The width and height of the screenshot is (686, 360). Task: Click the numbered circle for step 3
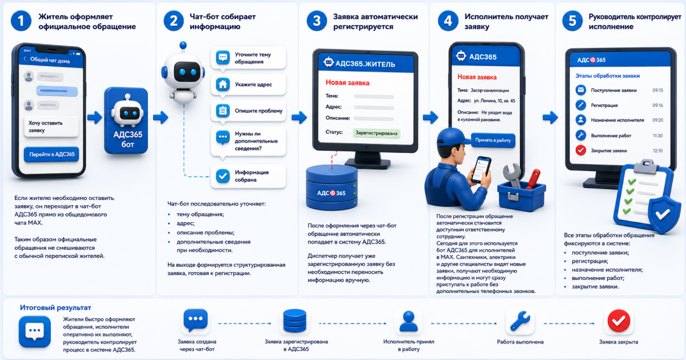pyautogui.click(x=317, y=21)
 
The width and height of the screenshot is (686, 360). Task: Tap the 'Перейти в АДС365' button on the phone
pyautogui.click(x=51, y=154)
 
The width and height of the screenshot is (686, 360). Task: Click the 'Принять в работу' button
pyautogui.click(x=493, y=140)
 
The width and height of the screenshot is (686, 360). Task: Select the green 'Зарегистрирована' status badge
pyautogui.click(x=376, y=133)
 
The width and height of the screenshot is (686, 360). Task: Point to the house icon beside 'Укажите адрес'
pyautogui.click(x=222, y=84)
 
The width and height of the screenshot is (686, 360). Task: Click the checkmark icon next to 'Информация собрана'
pyautogui.click(x=222, y=176)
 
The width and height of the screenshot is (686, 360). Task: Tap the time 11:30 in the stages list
pyautogui.click(x=657, y=135)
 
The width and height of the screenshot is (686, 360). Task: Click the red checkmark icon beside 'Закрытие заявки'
pyautogui.click(x=581, y=150)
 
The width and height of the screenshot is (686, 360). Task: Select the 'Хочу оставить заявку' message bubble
pyautogui.click(x=51, y=126)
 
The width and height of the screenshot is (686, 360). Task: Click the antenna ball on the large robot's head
pyautogui.click(x=183, y=45)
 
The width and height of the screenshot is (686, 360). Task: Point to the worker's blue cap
pyautogui.click(x=452, y=137)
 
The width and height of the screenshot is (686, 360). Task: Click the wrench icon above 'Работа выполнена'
pyautogui.click(x=520, y=321)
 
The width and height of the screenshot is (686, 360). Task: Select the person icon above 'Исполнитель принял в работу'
pyautogui.click(x=409, y=321)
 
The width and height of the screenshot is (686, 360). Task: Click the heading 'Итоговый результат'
pyautogui.click(x=55, y=307)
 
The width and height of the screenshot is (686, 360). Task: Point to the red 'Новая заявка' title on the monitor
pyautogui.click(x=348, y=83)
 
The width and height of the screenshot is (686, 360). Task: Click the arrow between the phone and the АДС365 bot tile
pyautogui.click(x=95, y=117)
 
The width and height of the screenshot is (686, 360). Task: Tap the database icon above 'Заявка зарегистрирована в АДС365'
pyautogui.click(x=294, y=321)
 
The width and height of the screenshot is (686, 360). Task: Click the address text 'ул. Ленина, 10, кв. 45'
pyautogui.click(x=494, y=101)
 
